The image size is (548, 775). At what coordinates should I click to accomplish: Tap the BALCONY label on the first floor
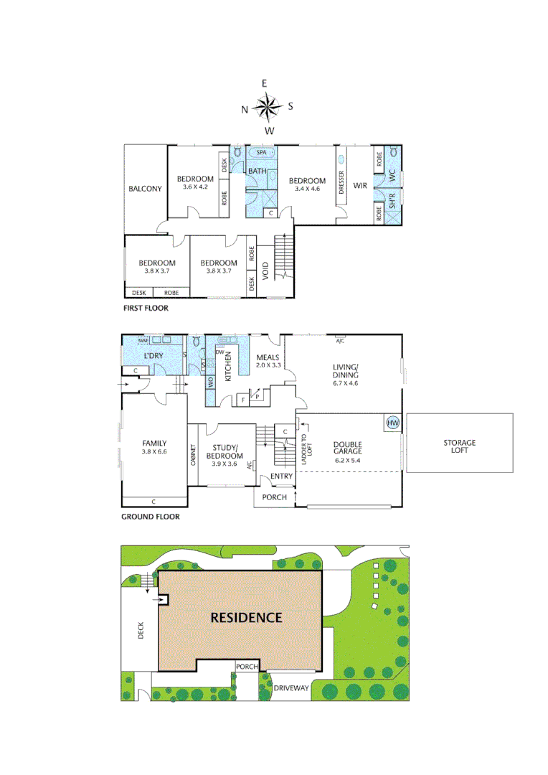[146, 189]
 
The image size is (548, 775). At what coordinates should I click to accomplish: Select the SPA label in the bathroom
[262, 153]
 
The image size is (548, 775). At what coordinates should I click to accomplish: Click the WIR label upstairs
[360, 184]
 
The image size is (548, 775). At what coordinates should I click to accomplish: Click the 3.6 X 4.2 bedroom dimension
[195, 187]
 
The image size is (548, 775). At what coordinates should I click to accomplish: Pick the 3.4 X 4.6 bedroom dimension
[308, 189]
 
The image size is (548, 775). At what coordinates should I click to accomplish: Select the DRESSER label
[341, 182]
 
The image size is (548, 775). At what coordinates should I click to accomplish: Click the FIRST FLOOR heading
[147, 307]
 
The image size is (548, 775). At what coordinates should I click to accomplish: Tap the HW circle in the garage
[392, 423]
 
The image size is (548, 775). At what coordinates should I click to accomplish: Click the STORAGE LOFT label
[459, 447]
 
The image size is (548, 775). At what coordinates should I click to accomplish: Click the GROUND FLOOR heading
[151, 516]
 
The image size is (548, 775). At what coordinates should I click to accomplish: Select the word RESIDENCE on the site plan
[246, 617]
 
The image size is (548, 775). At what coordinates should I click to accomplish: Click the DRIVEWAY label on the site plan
[291, 687]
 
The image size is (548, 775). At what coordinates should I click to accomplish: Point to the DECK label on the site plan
[140, 629]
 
